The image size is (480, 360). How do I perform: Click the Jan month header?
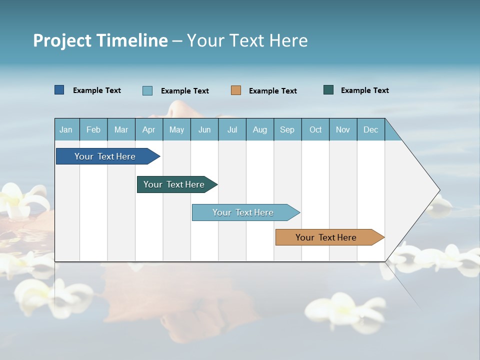(x=66, y=129)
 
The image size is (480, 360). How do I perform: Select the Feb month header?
(x=93, y=129)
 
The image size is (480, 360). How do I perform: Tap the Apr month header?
(x=148, y=129)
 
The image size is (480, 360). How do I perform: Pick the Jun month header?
(x=204, y=129)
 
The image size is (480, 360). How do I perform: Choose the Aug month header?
(x=259, y=129)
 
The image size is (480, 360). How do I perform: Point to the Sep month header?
(x=287, y=129)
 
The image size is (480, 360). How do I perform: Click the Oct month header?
(x=315, y=129)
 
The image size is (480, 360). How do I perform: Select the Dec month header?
(x=370, y=129)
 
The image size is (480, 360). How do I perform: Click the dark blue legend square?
(x=59, y=90)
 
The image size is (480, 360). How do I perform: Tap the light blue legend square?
(x=147, y=90)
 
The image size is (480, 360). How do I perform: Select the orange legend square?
(x=236, y=90)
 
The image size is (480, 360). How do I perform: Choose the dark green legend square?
(x=328, y=90)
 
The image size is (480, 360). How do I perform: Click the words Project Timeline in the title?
(x=100, y=40)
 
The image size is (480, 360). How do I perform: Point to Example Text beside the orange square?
(x=273, y=91)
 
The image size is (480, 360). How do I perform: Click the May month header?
(x=176, y=129)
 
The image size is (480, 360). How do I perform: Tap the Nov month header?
(x=343, y=129)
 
